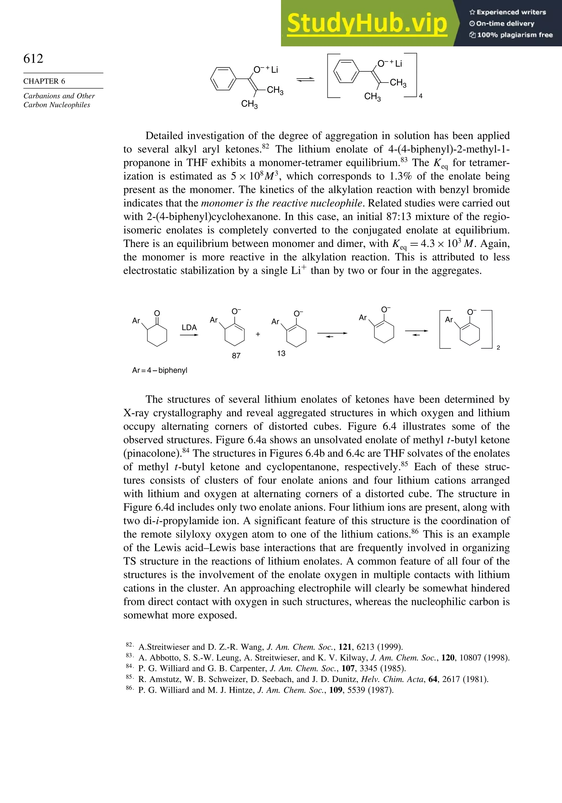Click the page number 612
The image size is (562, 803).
[x=33, y=58]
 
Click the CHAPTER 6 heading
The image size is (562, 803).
[x=44, y=81]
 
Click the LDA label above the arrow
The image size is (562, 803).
[x=189, y=328]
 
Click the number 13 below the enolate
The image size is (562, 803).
[x=281, y=353]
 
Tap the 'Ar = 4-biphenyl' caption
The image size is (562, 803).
[x=160, y=370]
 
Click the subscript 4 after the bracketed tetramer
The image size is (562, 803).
[x=421, y=96]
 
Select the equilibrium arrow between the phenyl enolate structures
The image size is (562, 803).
[x=305, y=80]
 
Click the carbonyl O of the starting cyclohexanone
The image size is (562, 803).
[x=157, y=313]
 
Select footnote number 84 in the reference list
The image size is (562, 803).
[x=129, y=667]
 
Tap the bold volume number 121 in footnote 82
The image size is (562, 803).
[x=345, y=647]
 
